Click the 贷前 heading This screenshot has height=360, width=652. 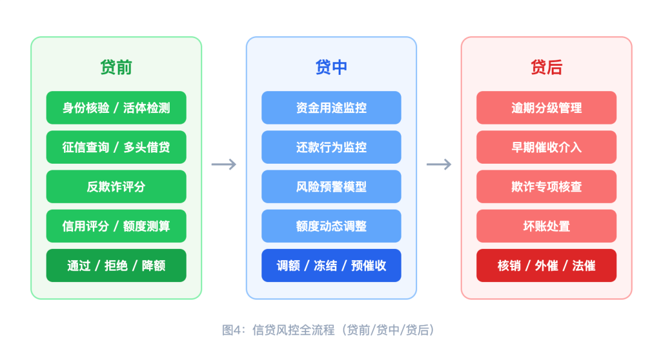(116, 67)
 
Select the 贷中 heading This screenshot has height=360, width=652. (331, 67)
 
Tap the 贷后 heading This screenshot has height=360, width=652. (546, 67)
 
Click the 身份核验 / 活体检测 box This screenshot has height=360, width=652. (116, 108)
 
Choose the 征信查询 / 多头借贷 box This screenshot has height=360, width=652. (116, 147)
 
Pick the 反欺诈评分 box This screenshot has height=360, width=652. (116, 187)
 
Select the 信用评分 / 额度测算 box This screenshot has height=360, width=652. (116, 226)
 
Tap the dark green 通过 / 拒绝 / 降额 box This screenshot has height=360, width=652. (116, 266)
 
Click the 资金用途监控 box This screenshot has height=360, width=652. (331, 108)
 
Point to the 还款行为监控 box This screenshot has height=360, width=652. (331, 147)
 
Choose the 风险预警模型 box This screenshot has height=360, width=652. (331, 187)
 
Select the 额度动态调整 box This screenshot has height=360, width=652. (331, 226)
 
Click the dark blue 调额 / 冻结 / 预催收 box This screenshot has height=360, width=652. (331, 266)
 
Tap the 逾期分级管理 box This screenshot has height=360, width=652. (546, 108)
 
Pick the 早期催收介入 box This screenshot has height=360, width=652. (546, 147)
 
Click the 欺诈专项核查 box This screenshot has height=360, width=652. (546, 187)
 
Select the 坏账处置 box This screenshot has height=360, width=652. (546, 226)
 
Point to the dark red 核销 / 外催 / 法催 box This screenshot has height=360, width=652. (546, 266)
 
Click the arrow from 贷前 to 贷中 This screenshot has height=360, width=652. (224, 164)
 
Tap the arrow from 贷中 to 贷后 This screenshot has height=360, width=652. (439, 164)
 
